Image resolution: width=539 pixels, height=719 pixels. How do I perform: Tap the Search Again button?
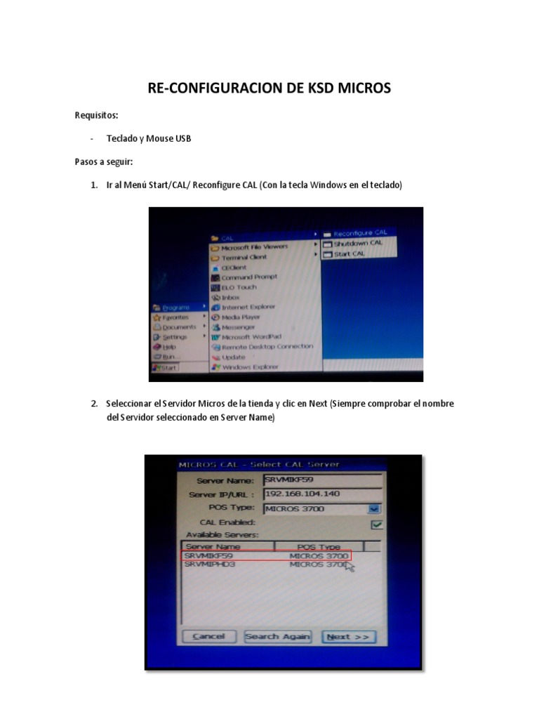point(277,637)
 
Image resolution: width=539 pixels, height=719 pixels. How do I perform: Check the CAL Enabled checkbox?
point(377,524)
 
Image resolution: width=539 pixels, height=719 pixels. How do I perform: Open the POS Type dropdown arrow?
point(375,509)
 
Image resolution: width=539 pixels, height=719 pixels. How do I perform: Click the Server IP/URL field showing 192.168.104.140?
point(322,494)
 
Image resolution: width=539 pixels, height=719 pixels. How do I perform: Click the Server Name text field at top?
point(322,480)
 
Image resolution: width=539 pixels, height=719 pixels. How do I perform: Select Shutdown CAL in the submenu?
point(357,243)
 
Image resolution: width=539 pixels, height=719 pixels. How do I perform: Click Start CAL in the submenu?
point(349,253)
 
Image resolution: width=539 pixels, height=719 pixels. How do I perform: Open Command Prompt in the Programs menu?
point(249,277)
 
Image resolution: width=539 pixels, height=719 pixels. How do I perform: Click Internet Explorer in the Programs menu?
point(248,307)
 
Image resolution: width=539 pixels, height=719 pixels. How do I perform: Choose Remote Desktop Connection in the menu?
point(267,347)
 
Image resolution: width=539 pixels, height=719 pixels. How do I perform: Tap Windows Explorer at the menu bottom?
point(250,367)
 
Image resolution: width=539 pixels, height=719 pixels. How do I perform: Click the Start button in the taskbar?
point(166,367)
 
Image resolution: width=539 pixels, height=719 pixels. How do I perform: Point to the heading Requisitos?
point(97,115)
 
